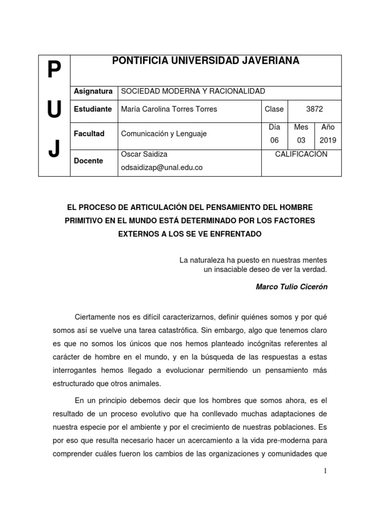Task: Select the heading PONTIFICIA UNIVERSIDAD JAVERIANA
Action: click(205, 61)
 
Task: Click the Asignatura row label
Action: click(93, 91)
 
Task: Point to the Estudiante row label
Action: click(93, 109)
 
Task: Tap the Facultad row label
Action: click(89, 134)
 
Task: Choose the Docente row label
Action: click(88, 161)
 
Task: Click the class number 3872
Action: click(314, 109)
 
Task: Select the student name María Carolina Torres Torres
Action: click(169, 109)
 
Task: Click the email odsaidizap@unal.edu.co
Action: click(162, 167)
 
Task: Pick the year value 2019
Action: click(328, 140)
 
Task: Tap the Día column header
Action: click(274, 127)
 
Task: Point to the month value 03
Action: click(301, 140)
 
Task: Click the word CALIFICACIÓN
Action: click(301, 154)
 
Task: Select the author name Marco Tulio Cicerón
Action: click(291, 287)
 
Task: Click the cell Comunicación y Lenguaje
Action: click(164, 134)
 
